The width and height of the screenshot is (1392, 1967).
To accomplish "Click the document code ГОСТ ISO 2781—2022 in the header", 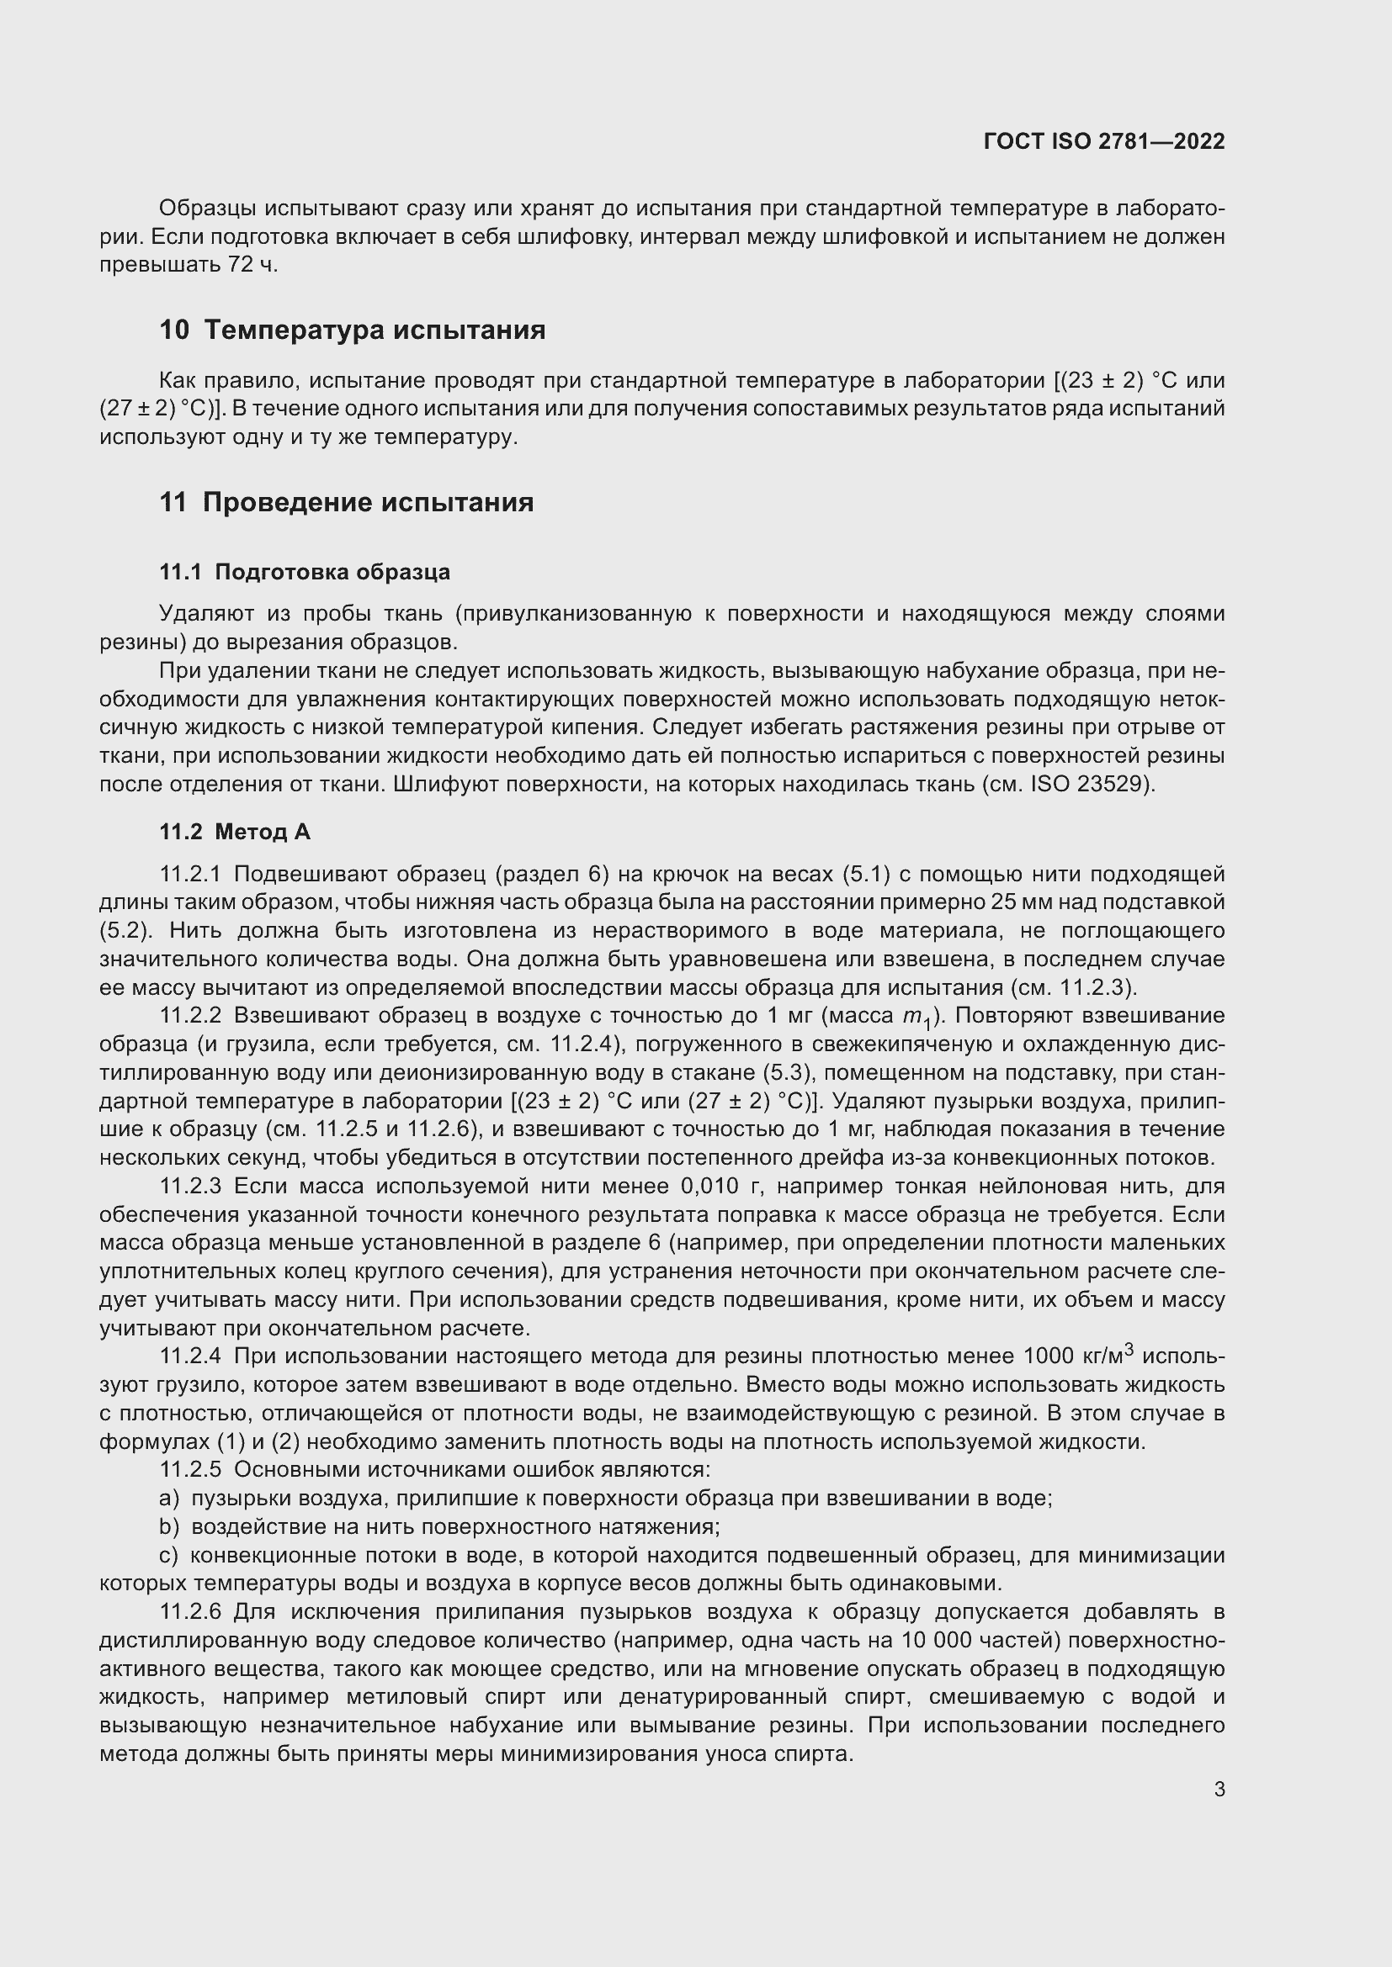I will (1104, 141).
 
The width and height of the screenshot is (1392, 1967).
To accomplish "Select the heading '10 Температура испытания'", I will (353, 330).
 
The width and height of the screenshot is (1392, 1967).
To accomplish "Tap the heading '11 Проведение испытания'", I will (346, 502).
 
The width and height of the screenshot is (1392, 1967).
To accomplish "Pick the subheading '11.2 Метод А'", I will (235, 832).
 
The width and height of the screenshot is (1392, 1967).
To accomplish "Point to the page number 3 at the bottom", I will (1219, 1790).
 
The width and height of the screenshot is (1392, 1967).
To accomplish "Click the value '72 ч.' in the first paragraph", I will (252, 265).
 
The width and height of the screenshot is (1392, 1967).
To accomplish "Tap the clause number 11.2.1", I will (190, 874).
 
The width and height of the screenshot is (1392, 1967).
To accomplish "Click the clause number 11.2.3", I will (190, 1187).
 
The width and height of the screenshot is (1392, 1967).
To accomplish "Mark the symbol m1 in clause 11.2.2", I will (916, 1018).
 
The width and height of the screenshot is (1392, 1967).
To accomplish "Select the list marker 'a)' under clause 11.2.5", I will (169, 1499).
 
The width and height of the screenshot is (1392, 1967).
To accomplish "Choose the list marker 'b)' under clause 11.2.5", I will (169, 1526).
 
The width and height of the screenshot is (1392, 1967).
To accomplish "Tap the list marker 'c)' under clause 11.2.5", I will (169, 1555).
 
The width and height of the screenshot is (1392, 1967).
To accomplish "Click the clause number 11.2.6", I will (190, 1611).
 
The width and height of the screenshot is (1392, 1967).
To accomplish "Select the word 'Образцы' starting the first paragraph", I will (207, 209).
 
